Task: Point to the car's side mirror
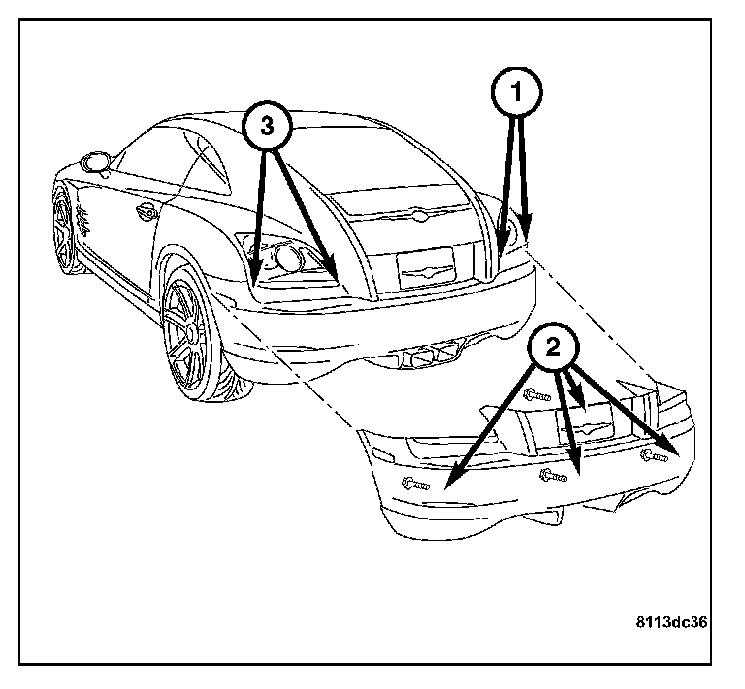point(97,160)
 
